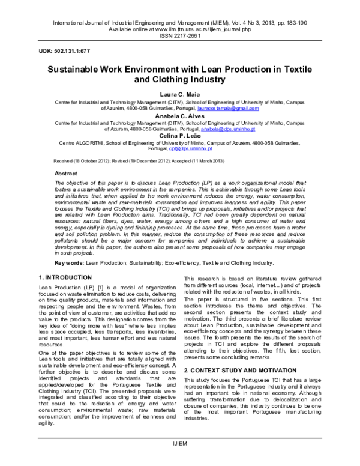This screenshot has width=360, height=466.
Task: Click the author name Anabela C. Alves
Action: (179, 116)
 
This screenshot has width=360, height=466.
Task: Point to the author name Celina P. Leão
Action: (179, 138)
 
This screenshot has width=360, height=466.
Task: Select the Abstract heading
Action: (66, 173)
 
